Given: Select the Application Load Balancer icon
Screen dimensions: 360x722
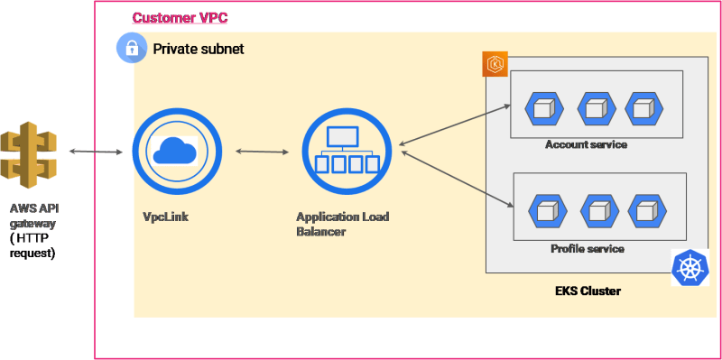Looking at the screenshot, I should [344, 151].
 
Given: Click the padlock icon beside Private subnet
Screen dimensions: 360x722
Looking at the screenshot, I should [132, 49].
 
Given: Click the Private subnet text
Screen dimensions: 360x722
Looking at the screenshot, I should [199, 49].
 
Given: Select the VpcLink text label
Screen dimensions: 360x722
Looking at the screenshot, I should [165, 217].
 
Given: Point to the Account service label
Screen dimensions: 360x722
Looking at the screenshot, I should [586, 144].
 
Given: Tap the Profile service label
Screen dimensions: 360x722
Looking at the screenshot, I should [587, 248].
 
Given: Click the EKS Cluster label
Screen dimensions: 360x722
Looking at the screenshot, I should [588, 291].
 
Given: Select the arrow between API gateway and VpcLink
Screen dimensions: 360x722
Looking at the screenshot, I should [96, 151].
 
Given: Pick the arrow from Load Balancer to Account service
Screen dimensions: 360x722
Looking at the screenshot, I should [456, 124].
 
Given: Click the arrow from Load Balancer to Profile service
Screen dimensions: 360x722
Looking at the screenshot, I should [458, 177].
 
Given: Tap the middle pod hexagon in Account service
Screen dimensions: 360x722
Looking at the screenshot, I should [595, 108].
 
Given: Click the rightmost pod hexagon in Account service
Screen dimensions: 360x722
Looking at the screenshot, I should [643, 108].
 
